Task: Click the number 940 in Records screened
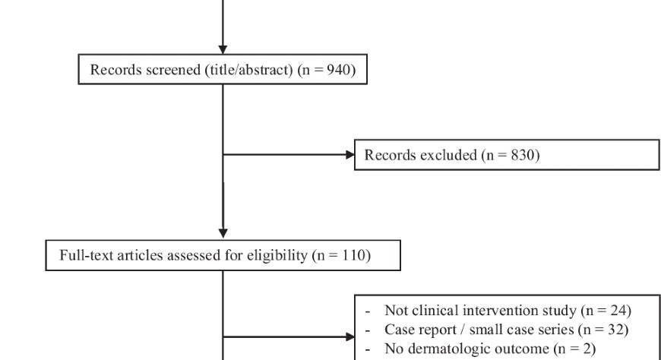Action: point(339,70)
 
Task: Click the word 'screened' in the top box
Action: point(174,70)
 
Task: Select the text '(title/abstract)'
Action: point(248,70)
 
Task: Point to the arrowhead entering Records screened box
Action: point(223,49)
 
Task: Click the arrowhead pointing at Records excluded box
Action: point(350,155)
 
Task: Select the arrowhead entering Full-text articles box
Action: point(223,233)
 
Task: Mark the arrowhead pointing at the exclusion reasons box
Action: point(350,336)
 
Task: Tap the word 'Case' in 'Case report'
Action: point(398,330)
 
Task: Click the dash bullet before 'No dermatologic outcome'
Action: point(368,350)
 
